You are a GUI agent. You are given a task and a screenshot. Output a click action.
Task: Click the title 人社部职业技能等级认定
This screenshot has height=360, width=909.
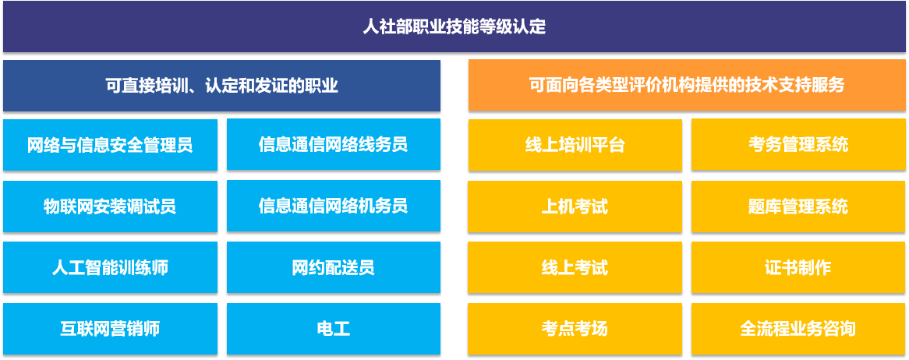click(x=454, y=26)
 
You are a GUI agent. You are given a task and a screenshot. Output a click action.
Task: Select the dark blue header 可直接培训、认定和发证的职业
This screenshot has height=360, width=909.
click(x=221, y=86)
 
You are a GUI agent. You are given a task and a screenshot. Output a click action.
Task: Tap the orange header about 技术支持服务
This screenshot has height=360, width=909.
click(x=687, y=85)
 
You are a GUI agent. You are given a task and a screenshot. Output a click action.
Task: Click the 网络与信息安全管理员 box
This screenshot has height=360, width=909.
click(x=110, y=145)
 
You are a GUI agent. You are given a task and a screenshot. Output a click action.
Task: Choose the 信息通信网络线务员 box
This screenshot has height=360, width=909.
click(x=334, y=144)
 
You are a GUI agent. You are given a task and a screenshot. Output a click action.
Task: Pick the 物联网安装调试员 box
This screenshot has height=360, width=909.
click(x=110, y=206)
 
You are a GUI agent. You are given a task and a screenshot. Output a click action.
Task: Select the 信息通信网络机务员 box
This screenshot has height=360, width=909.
click(x=334, y=206)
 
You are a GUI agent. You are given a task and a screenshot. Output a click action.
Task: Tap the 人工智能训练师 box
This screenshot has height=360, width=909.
click(x=110, y=268)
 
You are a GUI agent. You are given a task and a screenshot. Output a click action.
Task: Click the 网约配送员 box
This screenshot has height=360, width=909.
click(x=334, y=267)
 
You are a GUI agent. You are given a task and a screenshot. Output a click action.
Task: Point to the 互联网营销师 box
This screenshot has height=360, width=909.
click(x=110, y=330)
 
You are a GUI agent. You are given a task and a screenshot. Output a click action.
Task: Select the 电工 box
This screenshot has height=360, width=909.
click(x=334, y=329)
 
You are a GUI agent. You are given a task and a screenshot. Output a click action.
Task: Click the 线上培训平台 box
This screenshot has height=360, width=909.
click(x=575, y=145)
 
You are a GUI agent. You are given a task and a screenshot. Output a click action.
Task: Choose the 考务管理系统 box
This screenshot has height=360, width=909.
click(x=798, y=144)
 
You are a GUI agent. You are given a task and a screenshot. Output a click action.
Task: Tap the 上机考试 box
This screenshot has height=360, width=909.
click(x=575, y=206)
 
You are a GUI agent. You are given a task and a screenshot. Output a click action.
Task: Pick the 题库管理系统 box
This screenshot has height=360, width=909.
click(x=798, y=206)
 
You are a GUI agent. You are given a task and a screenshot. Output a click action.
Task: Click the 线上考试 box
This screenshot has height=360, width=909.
click(x=575, y=268)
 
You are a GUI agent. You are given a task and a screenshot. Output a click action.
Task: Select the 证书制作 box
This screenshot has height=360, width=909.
click(x=798, y=267)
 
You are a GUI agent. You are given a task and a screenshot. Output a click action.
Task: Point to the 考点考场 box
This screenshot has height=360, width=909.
click(x=575, y=330)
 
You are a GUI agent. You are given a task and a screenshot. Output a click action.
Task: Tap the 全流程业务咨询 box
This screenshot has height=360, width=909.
click(x=798, y=329)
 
